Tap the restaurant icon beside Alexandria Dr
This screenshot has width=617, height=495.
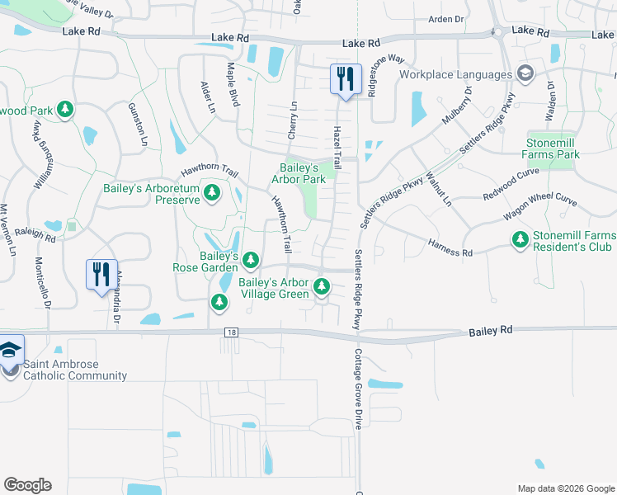[101, 274]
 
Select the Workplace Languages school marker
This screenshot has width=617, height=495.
[524, 74]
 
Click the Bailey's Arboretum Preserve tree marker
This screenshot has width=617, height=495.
[212, 193]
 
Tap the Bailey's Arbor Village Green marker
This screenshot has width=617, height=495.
[321, 287]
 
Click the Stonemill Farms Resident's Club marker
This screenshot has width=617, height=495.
[520, 240]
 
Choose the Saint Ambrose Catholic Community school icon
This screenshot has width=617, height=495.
[11, 351]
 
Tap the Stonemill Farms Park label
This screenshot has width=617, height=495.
[564, 148]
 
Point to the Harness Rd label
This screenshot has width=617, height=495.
[450, 247]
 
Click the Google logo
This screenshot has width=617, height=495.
[27, 485]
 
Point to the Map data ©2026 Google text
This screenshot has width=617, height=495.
[565, 488]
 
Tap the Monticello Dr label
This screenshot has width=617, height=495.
[43, 282]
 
